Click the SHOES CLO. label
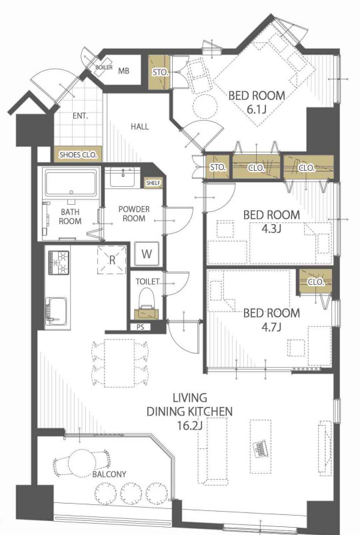coord(79,155)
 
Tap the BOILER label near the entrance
coord(103,67)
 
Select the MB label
coord(124,71)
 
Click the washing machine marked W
coord(147,254)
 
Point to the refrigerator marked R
coord(112,259)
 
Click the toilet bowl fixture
coord(147,302)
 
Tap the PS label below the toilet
coord(141,327)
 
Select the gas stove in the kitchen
coord(59,262)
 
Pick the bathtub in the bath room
coord(71,183)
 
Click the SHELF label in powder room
coord(153,183)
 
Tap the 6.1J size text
coord(257,109)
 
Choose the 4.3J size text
coord(271,229)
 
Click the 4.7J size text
coord(271,328)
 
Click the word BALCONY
coord(109,474)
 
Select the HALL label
coord(140,127)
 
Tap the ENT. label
coord(80,116)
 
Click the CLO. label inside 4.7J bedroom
coord(316,282)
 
